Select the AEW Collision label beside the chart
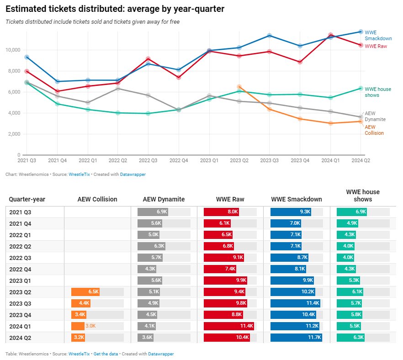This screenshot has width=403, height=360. click(374, 130)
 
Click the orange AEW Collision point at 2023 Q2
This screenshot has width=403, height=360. click(239, 86)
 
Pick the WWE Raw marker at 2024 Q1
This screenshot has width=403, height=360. click(330, 35)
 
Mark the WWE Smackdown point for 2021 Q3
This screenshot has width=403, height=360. click(27, 57)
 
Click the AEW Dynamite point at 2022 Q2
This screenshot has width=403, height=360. click(118, 88)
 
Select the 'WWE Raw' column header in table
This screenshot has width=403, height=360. click(230, 199)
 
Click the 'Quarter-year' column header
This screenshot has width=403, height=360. click(27, 199)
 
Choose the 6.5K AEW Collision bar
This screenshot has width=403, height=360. click(85, 292)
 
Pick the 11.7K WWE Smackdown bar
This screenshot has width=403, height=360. click(297, 338)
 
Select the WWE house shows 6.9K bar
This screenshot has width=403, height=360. click(352, 212)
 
